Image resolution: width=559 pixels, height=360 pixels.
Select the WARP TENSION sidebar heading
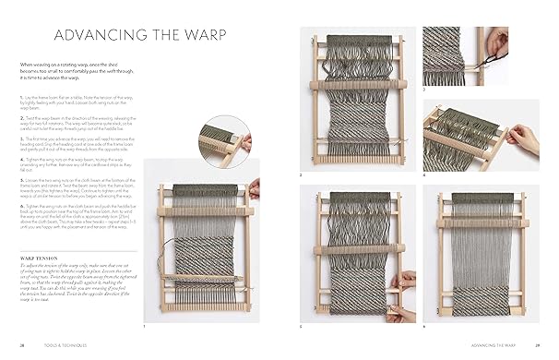point(46,247)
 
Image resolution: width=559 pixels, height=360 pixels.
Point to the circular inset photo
point(224,139)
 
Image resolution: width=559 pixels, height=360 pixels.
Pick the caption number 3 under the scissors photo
point(425,90)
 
